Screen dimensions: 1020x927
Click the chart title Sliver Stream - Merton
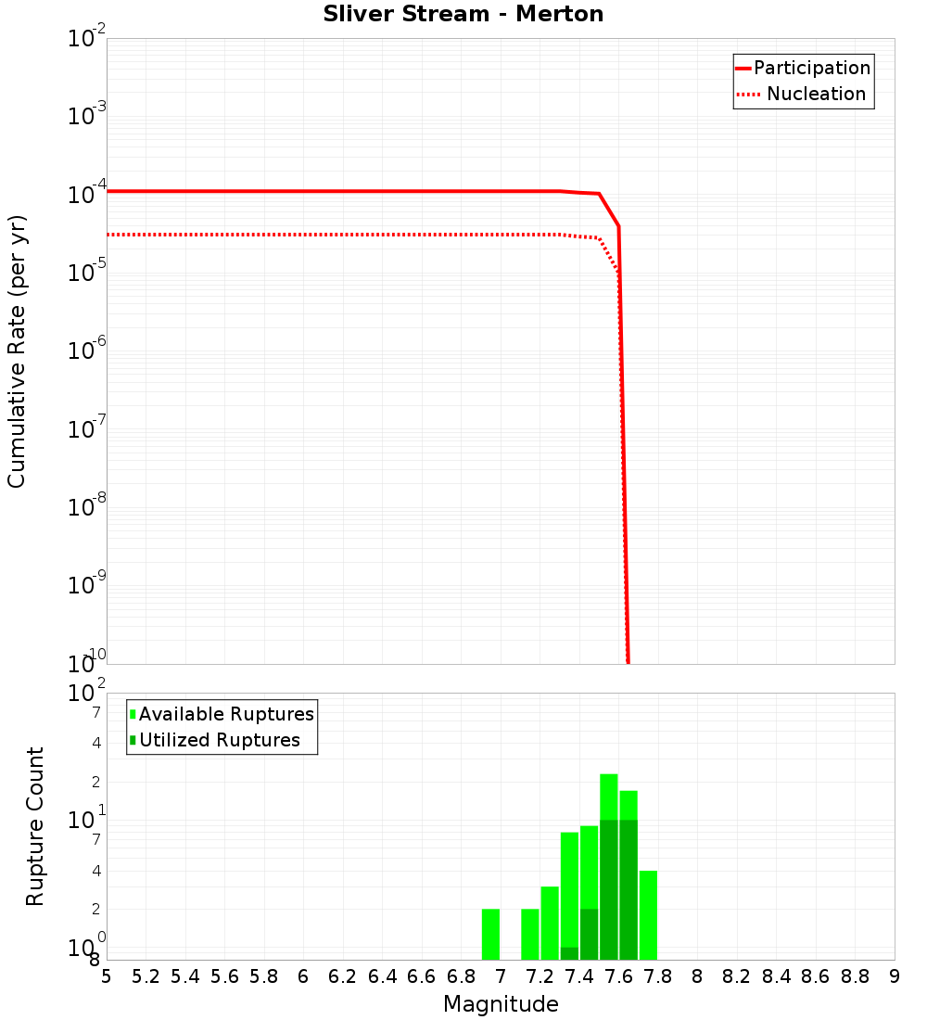[463, 14]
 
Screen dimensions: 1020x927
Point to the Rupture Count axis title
[35, 826]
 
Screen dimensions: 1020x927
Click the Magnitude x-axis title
[501, 1004]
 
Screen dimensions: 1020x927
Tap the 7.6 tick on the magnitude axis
[618, 976]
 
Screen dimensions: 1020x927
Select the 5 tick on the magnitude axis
[107, 976]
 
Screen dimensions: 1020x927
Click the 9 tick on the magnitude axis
[894, 976]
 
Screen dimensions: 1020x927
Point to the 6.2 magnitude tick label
[343, 976]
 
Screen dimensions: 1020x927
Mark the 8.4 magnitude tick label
[776, 976]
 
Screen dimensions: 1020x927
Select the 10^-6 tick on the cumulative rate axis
[87, 351]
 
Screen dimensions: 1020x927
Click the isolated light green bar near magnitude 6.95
[490, 934]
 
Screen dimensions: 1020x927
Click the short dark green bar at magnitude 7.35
[569, 953]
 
